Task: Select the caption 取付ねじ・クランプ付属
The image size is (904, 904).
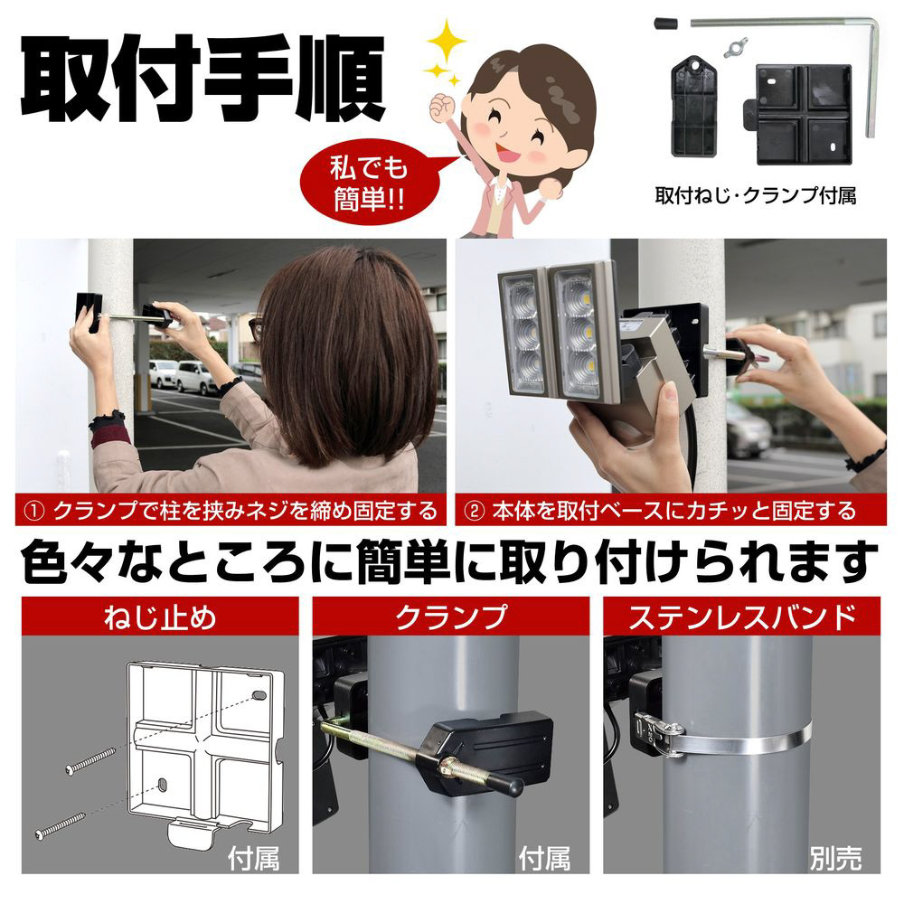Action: [x=755, y=195]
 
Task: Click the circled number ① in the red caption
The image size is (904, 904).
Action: [x=35, y=512]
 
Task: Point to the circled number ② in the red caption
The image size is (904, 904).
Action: [x=474, y=512]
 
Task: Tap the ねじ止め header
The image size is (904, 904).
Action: [x=160, y=617]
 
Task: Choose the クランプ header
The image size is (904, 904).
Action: [x=451, y=617]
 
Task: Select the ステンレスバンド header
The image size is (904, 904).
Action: [x=742, y=617]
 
